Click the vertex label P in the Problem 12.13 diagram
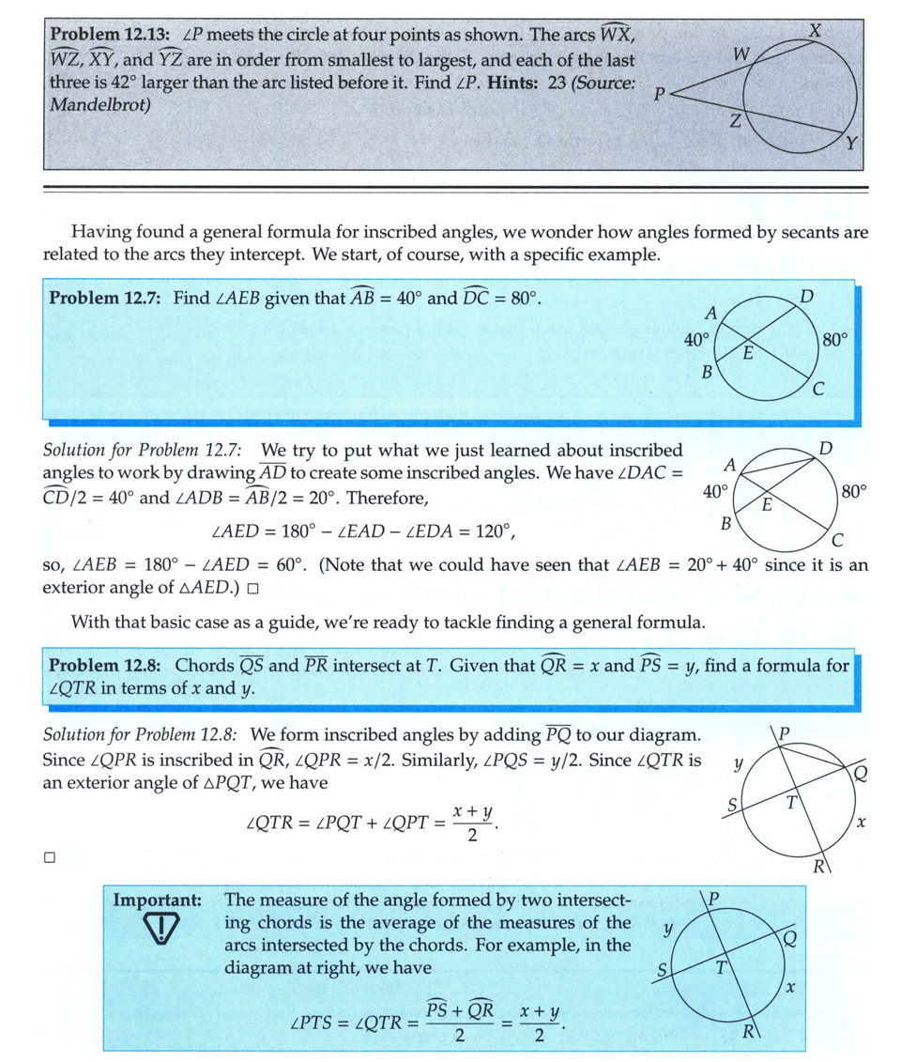(x=661, y=94)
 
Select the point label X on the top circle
(x=815, y=30)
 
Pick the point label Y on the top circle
(x=852, y=144)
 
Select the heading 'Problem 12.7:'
(x=104, y=299)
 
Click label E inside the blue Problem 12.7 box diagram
(x=748, y=353)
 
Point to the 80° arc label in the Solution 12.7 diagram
(x=854, y=490)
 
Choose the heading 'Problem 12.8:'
(x=104, y=666)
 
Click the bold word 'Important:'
(x=158, y=900)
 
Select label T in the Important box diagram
(x=721, y=968)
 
